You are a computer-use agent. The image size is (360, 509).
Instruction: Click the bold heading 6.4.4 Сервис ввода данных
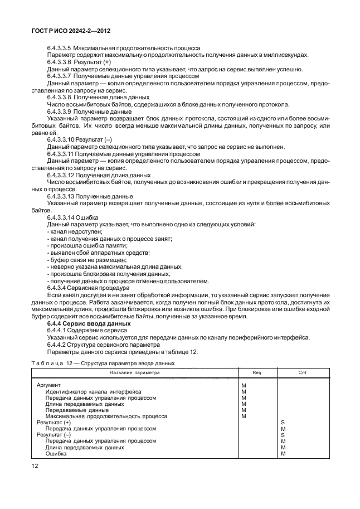[x=89, y=323]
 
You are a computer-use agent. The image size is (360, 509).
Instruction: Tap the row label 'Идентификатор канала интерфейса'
[x=93, y=391]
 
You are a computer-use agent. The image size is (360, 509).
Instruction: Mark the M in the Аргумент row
[x=243, y=385]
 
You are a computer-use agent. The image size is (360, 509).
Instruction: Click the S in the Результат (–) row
[x=283, y=434]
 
